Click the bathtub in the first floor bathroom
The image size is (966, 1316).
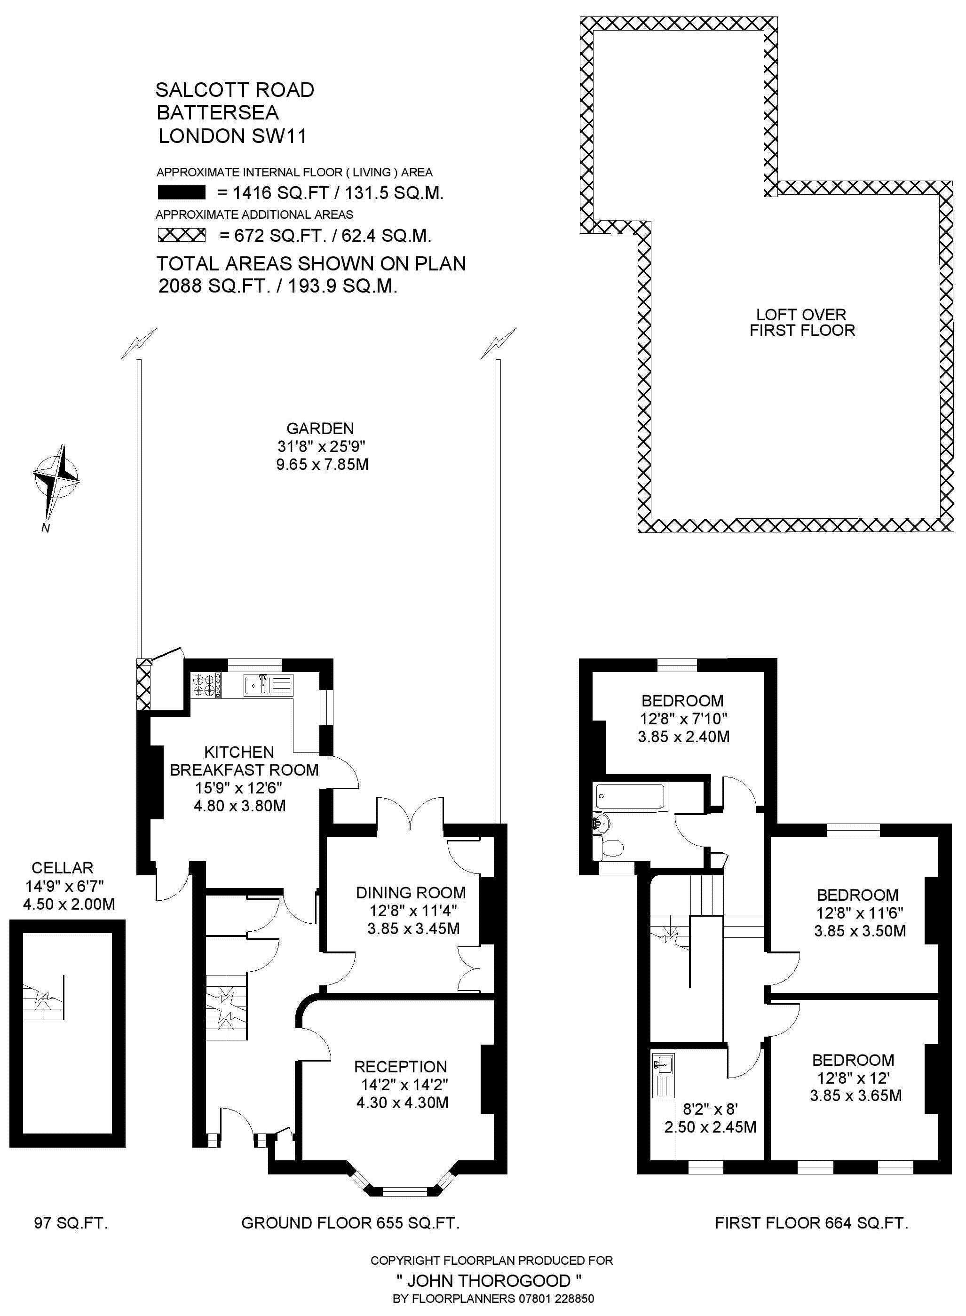630,796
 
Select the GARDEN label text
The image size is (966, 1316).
320,428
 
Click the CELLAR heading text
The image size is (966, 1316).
63,868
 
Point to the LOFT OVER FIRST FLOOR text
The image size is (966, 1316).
802,322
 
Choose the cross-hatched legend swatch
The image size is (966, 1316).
182,235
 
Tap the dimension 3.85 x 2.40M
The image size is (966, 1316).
683,737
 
